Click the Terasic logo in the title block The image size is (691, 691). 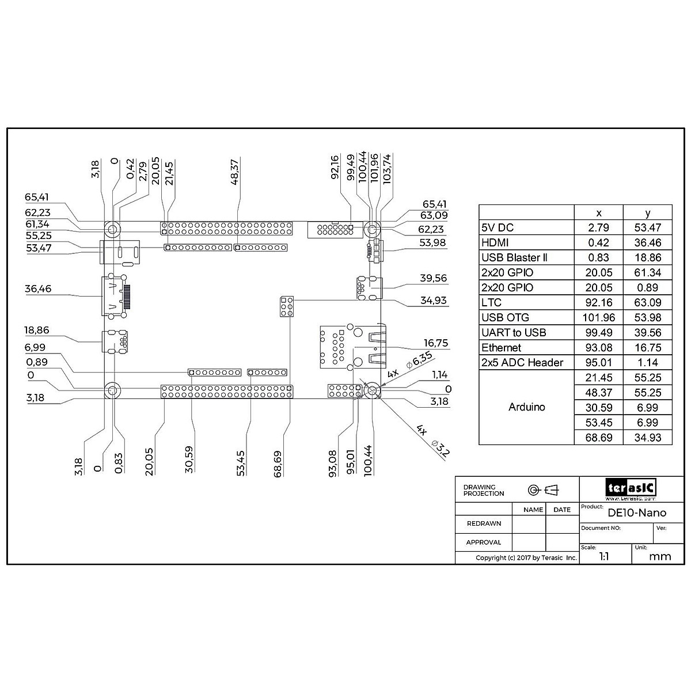631,488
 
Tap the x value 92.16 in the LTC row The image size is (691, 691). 599,302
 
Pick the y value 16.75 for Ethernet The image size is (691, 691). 648,347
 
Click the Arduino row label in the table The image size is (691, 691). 526,407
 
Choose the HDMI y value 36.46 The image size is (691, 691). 648,242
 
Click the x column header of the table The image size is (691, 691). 599,212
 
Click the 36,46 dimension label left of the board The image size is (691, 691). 38,288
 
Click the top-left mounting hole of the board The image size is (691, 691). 113,229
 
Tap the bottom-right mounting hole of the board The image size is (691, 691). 372,391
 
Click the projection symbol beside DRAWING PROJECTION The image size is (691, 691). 544,490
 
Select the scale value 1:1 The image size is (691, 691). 604,557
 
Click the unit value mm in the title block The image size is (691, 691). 660,557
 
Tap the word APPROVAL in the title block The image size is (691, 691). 484,542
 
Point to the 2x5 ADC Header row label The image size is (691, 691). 522,362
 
